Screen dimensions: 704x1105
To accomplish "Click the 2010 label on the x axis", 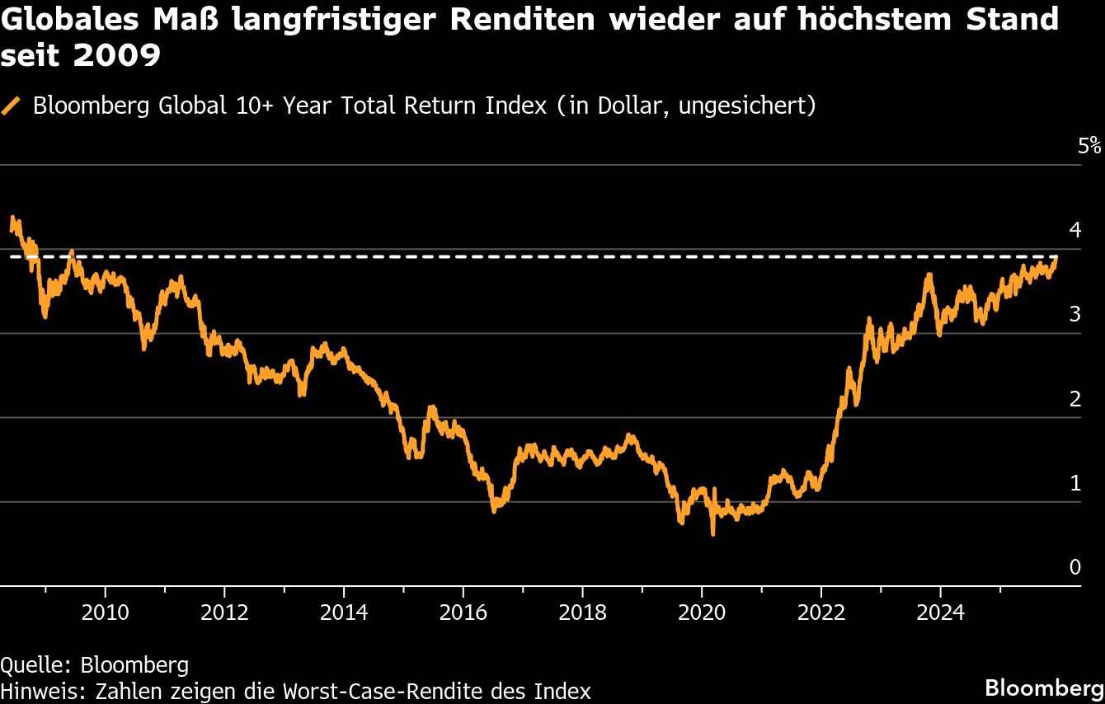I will (x=105, y=612).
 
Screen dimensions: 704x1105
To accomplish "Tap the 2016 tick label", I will (x=463, y=612).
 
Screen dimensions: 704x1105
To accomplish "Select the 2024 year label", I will (x=940, y=612).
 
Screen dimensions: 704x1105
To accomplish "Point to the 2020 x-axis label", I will (x=701, y=612).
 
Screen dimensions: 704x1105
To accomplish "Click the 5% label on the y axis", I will (x=1089, y=147).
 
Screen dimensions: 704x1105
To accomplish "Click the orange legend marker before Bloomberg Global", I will (x=12, y=106).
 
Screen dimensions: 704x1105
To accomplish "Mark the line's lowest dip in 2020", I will (x=712, y=534).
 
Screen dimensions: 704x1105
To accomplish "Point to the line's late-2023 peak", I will (x=929, y=275).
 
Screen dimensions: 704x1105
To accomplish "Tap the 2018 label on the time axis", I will (x=582, y=612).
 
